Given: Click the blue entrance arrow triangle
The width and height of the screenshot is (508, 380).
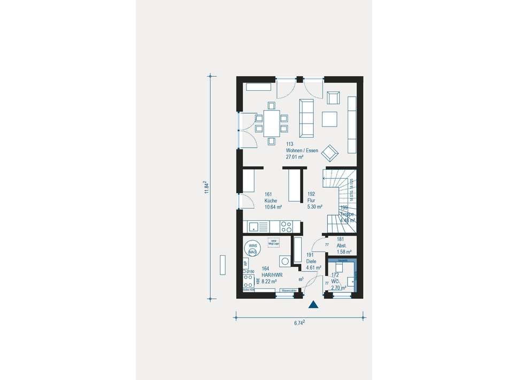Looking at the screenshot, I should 313,305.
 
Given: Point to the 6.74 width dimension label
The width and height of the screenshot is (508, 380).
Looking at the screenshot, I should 300,322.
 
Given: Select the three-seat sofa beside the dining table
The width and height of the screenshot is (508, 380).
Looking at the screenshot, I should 307,117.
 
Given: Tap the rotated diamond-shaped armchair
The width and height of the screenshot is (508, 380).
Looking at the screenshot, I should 330,153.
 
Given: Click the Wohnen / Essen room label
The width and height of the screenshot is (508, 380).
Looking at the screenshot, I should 302,151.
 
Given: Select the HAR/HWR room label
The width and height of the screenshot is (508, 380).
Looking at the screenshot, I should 273,275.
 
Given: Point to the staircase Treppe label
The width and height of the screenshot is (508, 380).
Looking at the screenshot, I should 348,214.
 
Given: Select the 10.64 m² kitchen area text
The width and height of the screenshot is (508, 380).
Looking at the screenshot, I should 273,207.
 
